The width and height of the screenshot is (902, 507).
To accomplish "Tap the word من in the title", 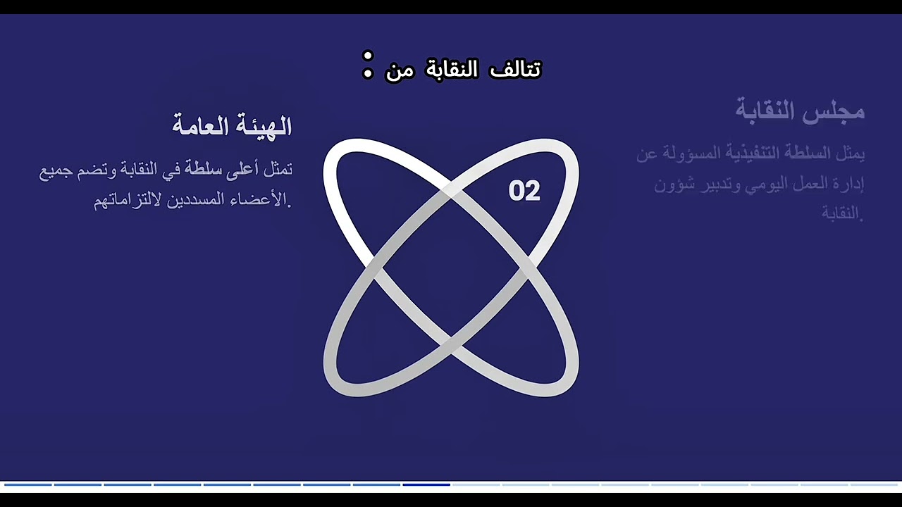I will (x=400, y=70).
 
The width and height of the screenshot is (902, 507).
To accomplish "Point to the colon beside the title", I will (x=367, y=65).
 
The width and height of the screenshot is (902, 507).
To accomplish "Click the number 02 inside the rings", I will (x=524, y=192).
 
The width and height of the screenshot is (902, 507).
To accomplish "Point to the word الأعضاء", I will (x=264, y=200).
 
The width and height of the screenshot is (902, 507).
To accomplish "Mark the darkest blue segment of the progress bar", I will (x=426, y=484).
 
